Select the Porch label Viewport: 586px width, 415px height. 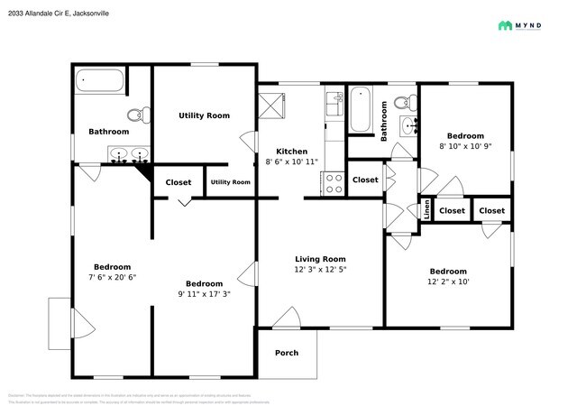[287, 353]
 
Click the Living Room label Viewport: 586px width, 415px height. [320, 258]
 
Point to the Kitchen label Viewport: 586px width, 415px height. [292, 152]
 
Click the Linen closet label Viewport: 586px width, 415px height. [426, 211]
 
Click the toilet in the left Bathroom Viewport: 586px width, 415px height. [138, 115]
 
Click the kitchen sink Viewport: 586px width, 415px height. [333, 106]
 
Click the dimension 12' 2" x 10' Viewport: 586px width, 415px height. [448, 282]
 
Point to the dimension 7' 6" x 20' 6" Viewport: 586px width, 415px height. [113, 278]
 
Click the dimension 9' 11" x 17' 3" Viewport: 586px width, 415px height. [204, 294]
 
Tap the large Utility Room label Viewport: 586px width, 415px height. [204, 115]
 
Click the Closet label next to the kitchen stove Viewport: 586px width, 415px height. [365, 180]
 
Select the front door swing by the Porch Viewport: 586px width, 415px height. [287, 317]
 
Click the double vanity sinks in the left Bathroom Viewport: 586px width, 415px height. [129, 155]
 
